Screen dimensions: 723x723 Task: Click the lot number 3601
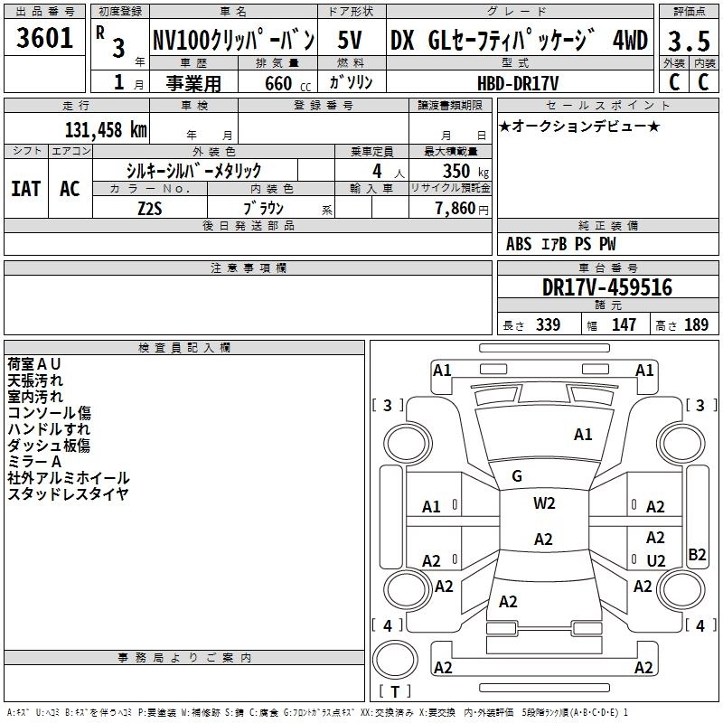click(x=44, y=40)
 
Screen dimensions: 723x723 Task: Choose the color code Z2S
click(x=150, y=206)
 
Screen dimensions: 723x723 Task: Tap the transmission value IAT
click(x=25, y=188)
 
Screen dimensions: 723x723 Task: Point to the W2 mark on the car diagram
click(x=544, y=503)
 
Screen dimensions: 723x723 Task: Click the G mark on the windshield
click(x=517, y=476)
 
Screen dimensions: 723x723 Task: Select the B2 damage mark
click(x=697, y=555)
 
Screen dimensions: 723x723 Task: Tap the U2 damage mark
click(x=656, y=560)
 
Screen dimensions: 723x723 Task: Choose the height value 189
click(x=696, y=324)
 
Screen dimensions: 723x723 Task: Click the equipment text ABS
click(x=519, y=243)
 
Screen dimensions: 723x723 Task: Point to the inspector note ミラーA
click(x=34, y=461)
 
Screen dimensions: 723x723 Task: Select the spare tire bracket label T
click(x=394, y=691)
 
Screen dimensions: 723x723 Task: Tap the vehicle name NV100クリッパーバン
click(x=233, y=41)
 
